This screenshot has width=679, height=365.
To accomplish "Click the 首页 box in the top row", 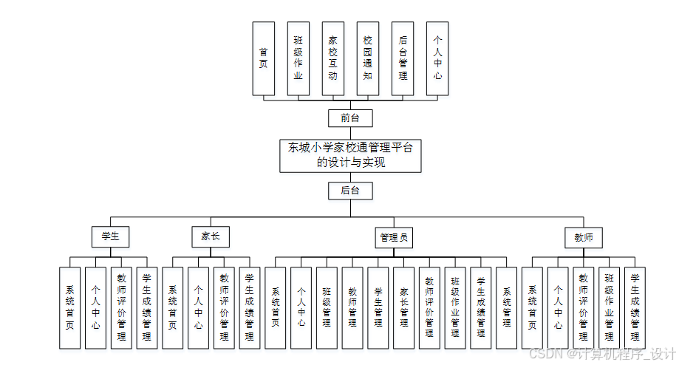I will [263, 58].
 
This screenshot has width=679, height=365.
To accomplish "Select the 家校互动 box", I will [333, 58].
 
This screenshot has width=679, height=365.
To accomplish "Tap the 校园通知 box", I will [368, 58].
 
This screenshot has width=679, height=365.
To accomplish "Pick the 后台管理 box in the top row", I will [403, 58].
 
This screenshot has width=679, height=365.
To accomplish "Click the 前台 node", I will [350, 118].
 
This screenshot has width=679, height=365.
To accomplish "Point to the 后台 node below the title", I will [350, 191].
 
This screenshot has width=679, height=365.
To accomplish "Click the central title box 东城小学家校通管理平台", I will [350, 155].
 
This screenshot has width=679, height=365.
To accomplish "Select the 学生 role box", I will [111, 237].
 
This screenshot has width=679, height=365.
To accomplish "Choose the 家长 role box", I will [211, 237].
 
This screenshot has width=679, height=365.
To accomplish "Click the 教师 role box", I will [584, 238].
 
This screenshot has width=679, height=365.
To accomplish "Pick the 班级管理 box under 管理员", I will [327, 307].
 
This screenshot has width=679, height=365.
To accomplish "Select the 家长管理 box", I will [403, 307].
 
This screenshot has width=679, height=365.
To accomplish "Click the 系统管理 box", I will [506, 307].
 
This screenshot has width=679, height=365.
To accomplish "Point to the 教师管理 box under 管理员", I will [352, 307].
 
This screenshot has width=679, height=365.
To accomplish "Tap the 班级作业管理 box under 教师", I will [609, 307].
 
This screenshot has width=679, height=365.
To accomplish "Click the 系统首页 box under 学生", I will [70, 307].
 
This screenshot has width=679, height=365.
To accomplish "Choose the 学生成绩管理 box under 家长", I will [250, 307].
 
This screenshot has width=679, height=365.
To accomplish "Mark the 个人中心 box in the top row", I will [437, 58].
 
